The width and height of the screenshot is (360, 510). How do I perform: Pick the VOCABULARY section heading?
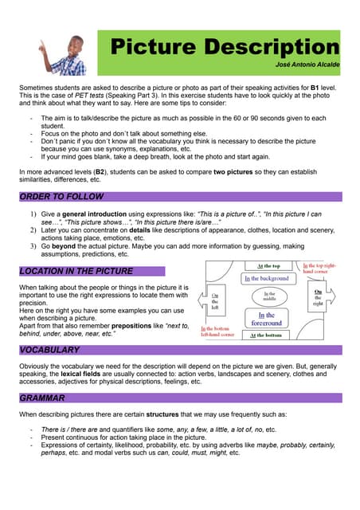click(x=49, y=351)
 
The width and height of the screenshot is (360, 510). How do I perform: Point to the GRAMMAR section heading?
click(x=42, y=398)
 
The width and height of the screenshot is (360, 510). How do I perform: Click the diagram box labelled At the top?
click(x=267, y=266)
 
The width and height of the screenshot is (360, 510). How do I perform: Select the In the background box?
click(x=267, y=279)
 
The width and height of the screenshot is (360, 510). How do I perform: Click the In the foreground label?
click(x=266, y=320)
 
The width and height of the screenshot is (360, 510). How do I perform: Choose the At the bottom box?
click(x=267, y=335)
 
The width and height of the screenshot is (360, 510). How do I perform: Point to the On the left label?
click(x=215, y=303)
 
